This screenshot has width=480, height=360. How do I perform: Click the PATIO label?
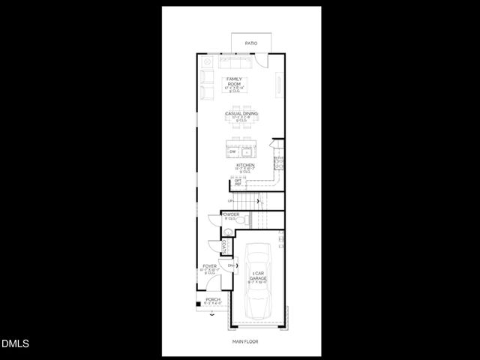tap(251, 43)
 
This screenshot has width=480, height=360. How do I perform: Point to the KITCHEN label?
tap(245, 165)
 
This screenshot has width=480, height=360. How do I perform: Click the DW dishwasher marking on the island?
tap(232, 152)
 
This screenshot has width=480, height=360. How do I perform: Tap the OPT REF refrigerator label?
tap(238, 182)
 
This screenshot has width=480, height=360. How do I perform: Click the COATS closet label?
tap(224, 246)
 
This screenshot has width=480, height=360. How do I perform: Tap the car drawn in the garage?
tap(258, 284)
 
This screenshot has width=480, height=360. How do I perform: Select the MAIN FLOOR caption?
tap(245, 342)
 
